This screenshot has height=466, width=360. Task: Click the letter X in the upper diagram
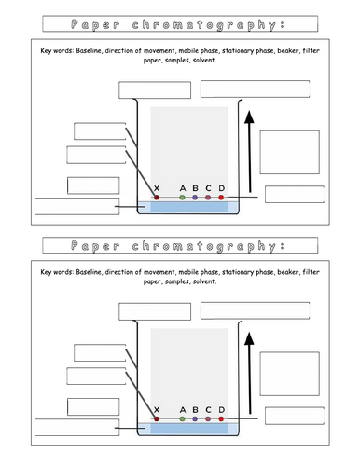(x=157, y=187)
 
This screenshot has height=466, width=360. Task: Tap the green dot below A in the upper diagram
(x=182, y=198)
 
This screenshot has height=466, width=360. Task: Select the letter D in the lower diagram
(x=221, y=409)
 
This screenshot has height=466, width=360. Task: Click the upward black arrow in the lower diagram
(x=249, y=375)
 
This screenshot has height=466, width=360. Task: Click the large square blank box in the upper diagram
(x=287, y=152)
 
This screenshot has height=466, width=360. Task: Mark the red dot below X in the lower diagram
(x=157, y=419)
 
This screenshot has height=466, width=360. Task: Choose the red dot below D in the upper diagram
(x=221, y=198)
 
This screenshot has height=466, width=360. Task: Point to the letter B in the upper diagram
(x=195, y=187)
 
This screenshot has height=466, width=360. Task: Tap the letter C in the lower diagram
(x=208, y=409)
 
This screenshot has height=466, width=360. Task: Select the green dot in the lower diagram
(x=182, y=419)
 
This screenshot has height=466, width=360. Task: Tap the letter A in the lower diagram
(x=182, y=409)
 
